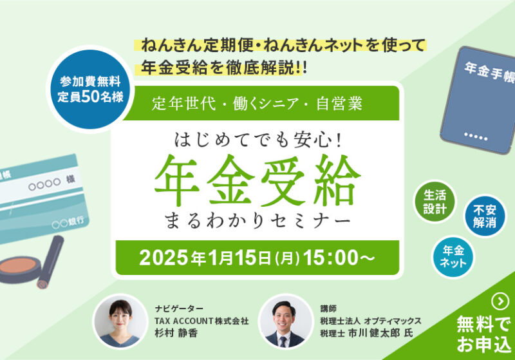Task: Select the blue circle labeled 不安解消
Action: [x=485, y=215]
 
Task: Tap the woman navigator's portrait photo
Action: [x=118, y=320]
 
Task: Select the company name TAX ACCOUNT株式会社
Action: [x=201, y=320]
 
